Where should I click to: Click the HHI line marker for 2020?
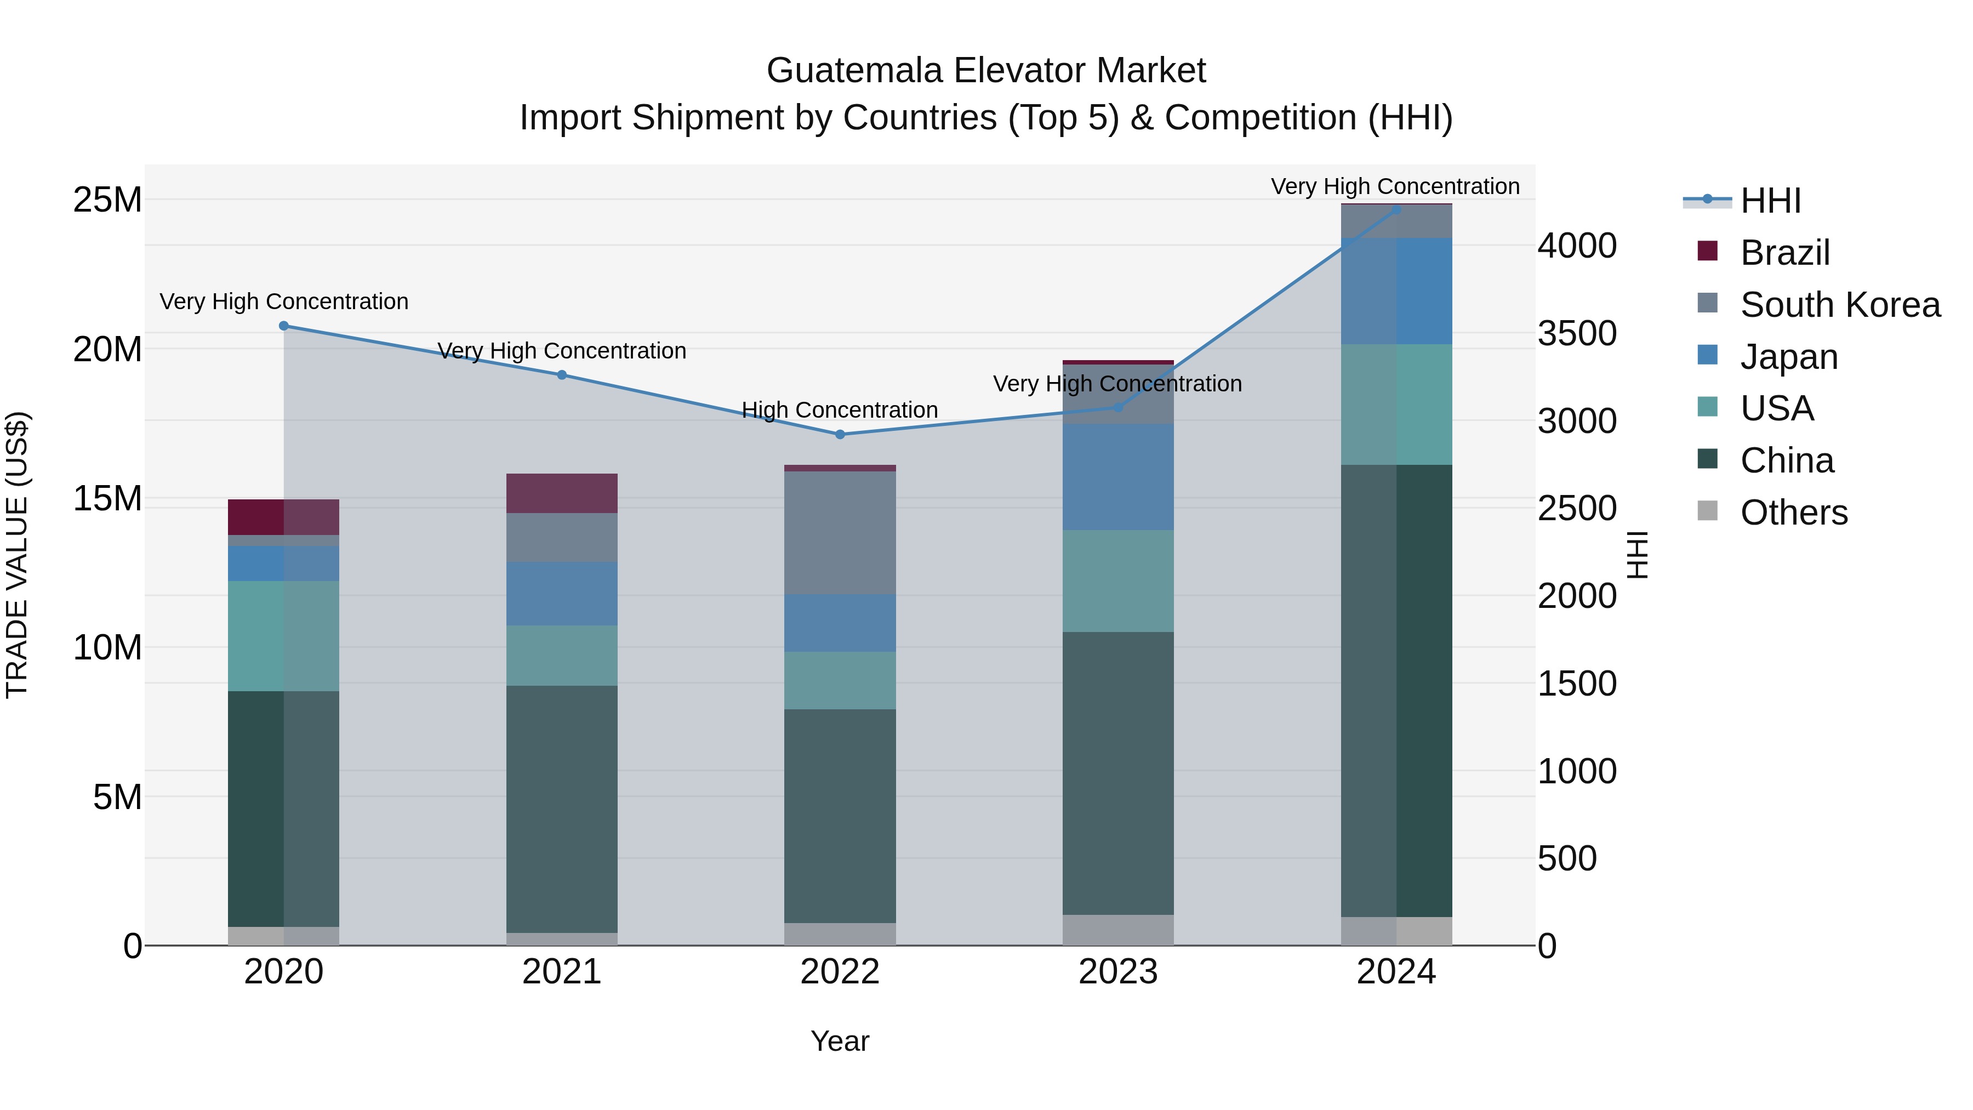pyautogui.click(x=283, y=326)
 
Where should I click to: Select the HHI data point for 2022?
pyautogui.click(x=840, y=434)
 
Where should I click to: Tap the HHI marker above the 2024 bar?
pyautogui.click(x=1396, y=209)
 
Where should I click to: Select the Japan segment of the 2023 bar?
pyautogui.click(x=1117, y=476)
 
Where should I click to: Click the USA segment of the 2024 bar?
pyautogui.click(x=1396, y=405)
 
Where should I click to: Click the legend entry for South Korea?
pyautogui.click(x=1840, y=305)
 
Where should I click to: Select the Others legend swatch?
pyautogui.click(x=1708, y=511)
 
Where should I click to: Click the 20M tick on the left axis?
pyautogui.click(x=107, y=349)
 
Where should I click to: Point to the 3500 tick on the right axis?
pyautogui.click(x=1577, y=333)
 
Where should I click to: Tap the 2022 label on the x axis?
pyautogui.click(x=840, y=972)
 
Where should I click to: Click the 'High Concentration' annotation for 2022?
pyautogui.click(x=840, y=410)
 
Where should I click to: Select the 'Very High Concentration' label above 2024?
pyautogui.click(x=1395, y=186)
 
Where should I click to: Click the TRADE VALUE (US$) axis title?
pyautogui.click(x=17, y=555)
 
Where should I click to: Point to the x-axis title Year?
pyautogui.click(x=840, y=1041)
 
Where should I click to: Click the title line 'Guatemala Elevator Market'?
pyautogui.click(x=986, y=71)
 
